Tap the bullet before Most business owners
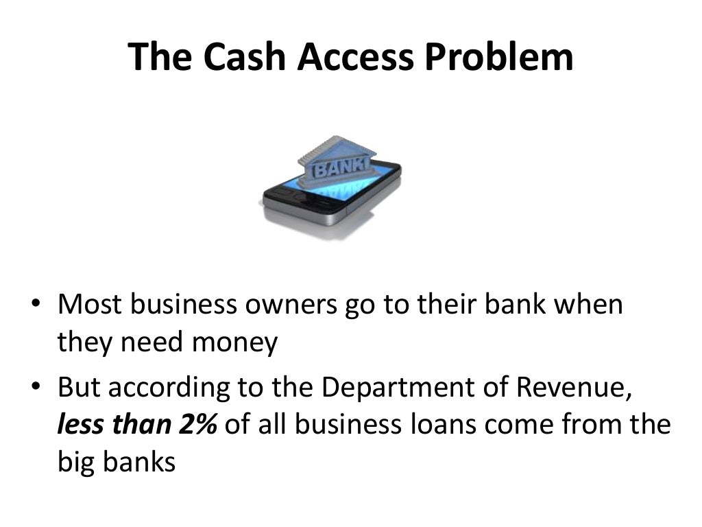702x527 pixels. pos(36,304)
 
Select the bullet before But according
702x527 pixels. pos(36,388)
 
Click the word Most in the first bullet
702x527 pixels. pos(86,304)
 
